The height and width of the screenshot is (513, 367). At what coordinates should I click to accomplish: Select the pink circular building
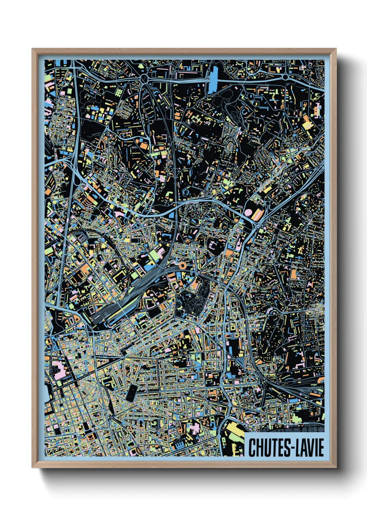(249, 212)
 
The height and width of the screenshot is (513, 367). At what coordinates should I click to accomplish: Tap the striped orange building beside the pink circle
(258, 214)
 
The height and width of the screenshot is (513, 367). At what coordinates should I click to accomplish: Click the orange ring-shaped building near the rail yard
(182, 266)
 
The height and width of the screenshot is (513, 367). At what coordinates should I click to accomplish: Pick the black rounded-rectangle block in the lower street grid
(131, 393)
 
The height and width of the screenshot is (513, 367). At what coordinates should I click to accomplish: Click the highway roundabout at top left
(144, 80)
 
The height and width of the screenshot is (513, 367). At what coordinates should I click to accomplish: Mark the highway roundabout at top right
(285, 77)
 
